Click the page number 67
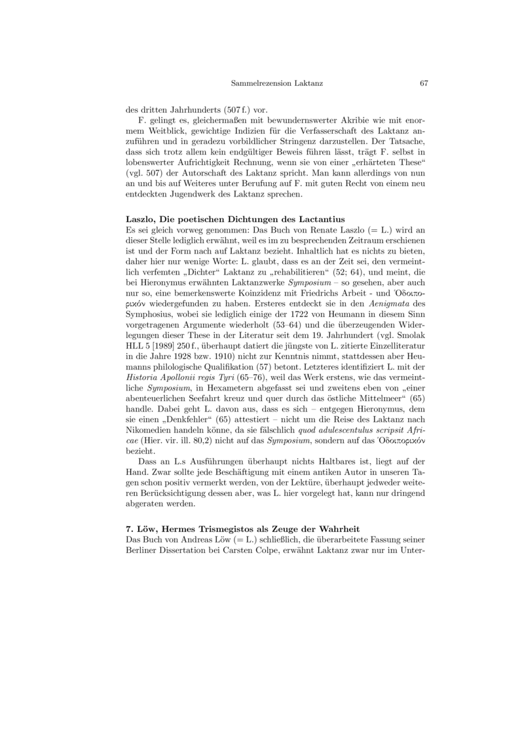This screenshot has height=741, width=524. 423,84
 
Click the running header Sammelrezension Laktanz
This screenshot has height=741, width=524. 277,84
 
